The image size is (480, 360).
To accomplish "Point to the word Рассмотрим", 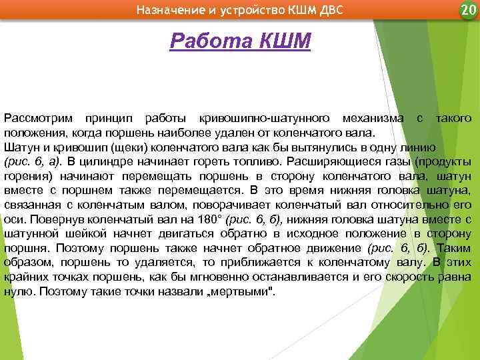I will [37, 118].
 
